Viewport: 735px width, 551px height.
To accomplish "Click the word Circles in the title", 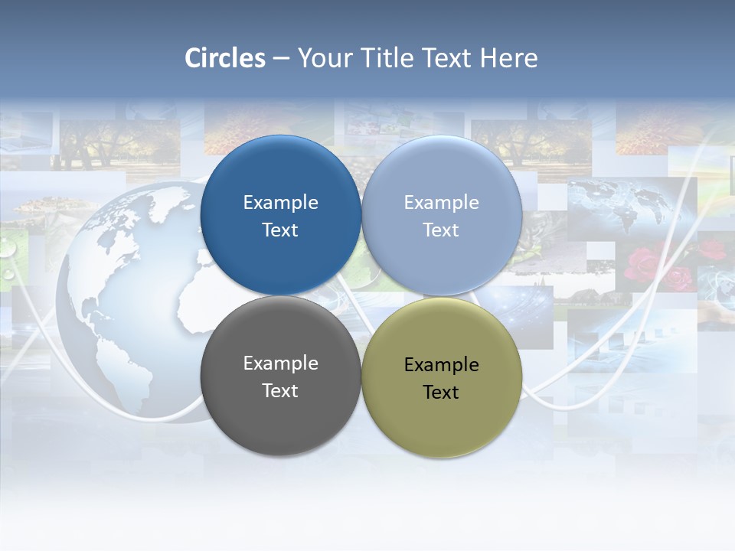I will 225,58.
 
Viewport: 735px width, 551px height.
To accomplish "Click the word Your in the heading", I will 325,58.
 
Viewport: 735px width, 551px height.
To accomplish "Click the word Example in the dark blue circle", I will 280,203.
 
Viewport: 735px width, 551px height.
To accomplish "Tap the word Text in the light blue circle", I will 441,230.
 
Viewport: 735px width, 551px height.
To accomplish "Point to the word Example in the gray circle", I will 280,364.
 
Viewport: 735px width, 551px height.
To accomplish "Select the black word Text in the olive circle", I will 441,393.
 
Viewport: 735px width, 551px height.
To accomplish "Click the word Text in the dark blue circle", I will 280,230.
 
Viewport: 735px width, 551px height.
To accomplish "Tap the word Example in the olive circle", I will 442,365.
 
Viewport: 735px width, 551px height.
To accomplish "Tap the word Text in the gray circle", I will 280,391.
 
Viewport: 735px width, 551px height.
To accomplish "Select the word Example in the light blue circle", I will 442,203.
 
